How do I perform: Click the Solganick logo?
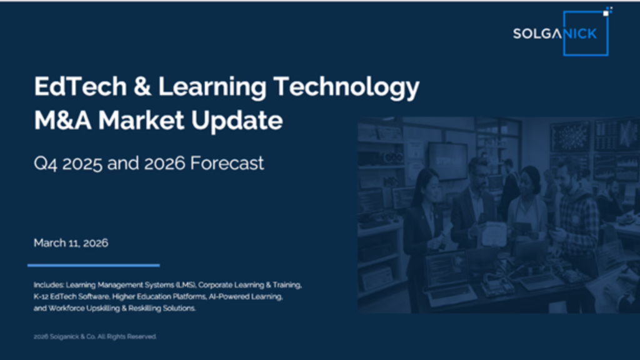tap(561, 32)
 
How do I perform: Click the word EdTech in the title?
tap(81, 86)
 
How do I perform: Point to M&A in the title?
tap(62, 120)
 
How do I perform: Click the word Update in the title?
tap(237, 121)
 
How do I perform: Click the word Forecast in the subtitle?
tap(227, 163)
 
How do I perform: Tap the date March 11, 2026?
tap(71, 243)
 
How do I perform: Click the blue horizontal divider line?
tap(94, 265)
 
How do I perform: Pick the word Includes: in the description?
tap(49, 285)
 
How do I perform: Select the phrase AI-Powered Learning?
tap(245, 297)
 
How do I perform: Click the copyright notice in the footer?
tap(95, 337)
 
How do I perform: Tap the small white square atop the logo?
tap(606, 13)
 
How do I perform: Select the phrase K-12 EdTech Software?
tap(71, 297)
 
